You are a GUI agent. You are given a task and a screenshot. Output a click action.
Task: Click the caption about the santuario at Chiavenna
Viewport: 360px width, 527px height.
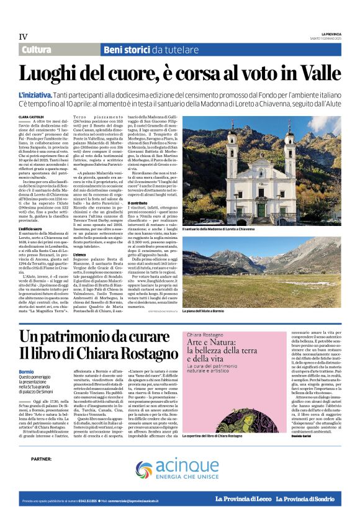pyautogui.click(x=220, y=229)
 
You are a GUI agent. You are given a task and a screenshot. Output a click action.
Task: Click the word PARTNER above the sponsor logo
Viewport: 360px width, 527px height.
pyautogui.click(x=40, y=459)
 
